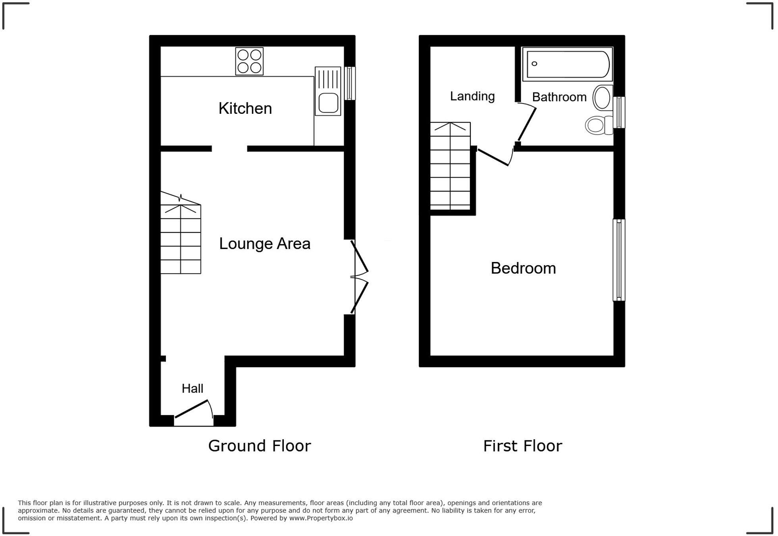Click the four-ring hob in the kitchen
point(249,61)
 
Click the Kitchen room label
point(245,108)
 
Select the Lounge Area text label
point(264,243)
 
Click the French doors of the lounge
point(359,277)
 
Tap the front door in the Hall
point(193,410)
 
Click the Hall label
point(193,389)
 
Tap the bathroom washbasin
point(602,98)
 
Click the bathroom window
point(619,113)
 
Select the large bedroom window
point(619,260)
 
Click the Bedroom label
point(523,268)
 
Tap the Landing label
point(472,96)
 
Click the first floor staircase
point(451,167)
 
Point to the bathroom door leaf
point(527,124)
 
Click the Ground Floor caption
point(259,446)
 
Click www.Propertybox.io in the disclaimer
point(321,518)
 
